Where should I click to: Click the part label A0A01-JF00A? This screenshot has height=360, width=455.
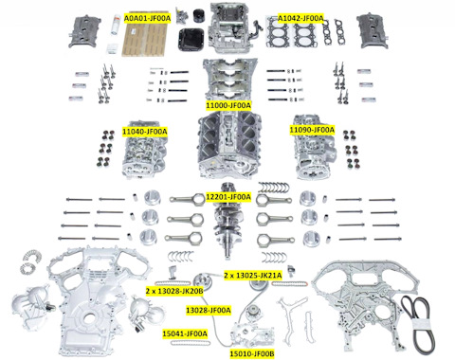tap(147, 18)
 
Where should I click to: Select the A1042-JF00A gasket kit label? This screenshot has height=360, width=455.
tap(300, 18)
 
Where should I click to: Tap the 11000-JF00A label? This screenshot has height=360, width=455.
tap(228, 105)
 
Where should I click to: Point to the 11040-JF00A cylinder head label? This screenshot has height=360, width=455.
tap(145, 132)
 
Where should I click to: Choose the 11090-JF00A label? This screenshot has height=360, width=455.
tap(312, 130)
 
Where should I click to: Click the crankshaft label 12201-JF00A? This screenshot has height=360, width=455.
tap(228, 197)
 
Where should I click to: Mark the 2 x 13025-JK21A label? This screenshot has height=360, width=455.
tap(253, 276)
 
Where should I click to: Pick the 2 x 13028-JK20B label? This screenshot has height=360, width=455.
tap(174, 291)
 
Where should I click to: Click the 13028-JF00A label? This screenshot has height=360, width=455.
tap(209, 311)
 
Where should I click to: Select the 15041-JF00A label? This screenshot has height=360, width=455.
tap(185, 333)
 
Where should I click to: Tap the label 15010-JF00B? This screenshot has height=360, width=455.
tap(252, 354)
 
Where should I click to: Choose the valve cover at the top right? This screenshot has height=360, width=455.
tap(373, 30)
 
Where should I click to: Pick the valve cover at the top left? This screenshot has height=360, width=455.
tap(84, 32)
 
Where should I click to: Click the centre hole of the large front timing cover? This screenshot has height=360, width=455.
tap(89, 319)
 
